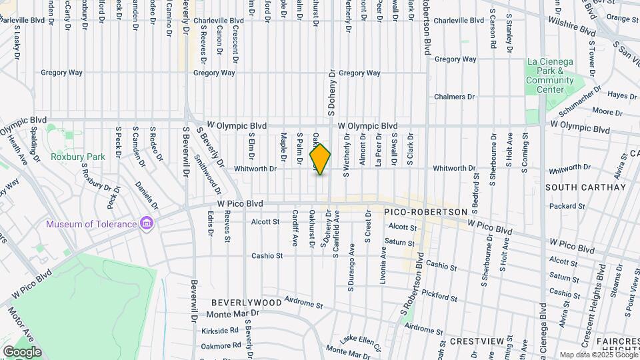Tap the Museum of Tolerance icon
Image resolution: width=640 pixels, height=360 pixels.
(147, 224)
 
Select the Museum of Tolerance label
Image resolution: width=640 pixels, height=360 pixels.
(91, 224)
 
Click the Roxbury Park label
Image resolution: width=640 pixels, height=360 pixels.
(78, 157)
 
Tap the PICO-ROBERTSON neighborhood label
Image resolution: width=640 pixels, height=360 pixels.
(425, 211)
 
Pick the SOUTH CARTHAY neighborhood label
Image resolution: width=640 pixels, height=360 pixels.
(586, 187)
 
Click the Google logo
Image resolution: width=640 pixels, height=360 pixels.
(22, 351)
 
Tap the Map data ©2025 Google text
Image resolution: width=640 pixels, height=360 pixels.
(597, 355)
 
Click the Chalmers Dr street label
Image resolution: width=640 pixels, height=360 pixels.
(453, 97)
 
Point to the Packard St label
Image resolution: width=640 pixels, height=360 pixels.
(568, 206)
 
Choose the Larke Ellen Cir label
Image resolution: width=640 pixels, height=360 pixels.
(359, 341)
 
